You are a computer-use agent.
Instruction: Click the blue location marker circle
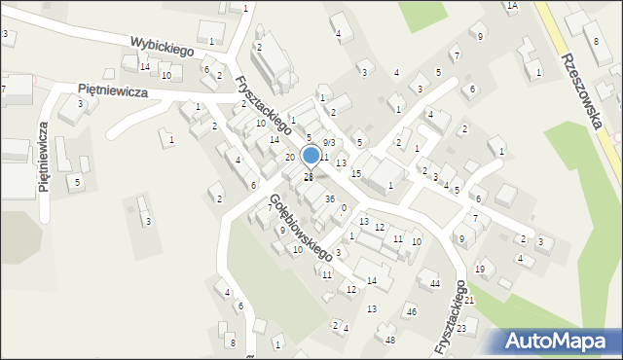click(311, 156)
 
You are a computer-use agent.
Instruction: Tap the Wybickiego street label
click(162, 45)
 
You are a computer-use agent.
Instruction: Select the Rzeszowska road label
click(581, 79)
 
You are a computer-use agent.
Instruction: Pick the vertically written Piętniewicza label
click(45, 158)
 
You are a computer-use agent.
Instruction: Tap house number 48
click(390, 340)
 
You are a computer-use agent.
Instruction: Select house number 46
click(412, 311)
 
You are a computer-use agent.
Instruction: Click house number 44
click(435, 283)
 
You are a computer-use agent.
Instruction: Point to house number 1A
click(512, 6)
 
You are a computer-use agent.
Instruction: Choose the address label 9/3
click(329, 143)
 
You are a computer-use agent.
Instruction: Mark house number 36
click(330, 199)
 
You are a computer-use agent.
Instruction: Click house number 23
click(461, 329)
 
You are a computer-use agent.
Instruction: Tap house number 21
click(468, 300)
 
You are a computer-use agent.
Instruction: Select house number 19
click(479, 269)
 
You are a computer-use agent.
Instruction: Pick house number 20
click(290, 157)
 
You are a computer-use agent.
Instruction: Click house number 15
click(356, 173)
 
